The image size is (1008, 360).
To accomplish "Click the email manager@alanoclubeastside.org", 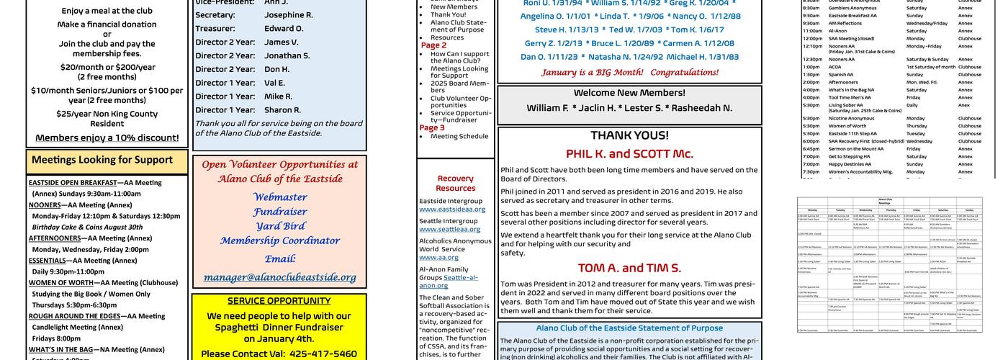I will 279,277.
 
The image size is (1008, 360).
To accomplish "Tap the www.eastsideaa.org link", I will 452,210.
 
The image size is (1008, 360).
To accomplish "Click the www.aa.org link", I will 438,257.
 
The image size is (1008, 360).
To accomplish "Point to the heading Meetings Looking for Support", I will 102,160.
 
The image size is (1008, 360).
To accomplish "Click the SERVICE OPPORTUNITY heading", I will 279,301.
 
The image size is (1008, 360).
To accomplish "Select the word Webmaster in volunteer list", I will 279,197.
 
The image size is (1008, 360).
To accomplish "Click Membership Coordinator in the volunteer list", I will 279,240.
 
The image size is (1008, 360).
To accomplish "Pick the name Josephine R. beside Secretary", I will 288,14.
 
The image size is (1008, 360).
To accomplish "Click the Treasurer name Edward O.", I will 284,28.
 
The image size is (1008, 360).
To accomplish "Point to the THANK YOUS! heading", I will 629,135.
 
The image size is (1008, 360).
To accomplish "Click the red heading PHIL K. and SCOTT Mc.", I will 629,153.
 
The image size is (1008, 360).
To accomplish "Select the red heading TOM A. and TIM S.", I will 629,268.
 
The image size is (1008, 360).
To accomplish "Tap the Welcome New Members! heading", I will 629,93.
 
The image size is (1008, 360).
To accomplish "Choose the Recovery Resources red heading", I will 455,183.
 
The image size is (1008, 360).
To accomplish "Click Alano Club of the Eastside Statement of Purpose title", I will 629,328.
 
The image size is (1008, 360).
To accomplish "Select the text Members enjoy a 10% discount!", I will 107,138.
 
